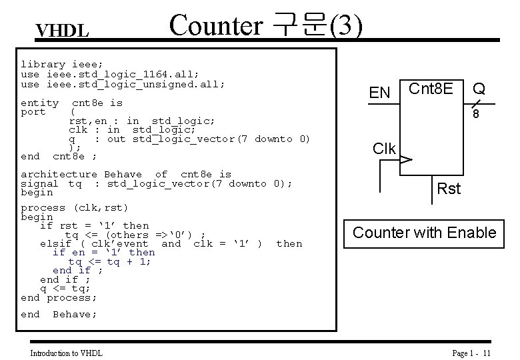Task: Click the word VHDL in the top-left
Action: [x=62, y=31]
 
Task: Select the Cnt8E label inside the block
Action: [x=431, y=88]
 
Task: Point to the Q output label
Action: [x=479, y=88]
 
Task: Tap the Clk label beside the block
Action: [x=384, y=148]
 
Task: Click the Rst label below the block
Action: [x=448, y=189]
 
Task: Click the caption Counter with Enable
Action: [x=424, y=233]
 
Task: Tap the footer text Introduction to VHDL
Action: [x=66, y=353]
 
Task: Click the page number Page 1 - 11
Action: [x=471, y=353]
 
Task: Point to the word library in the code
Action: [x=43, y=65]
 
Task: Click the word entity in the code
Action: [x=39, y=103]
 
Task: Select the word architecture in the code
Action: [x=59, y=174]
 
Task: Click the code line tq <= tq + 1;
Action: [x=109, y=261]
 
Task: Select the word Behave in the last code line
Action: [x=74, y=314]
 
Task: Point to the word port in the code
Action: [x=33, y=111]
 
